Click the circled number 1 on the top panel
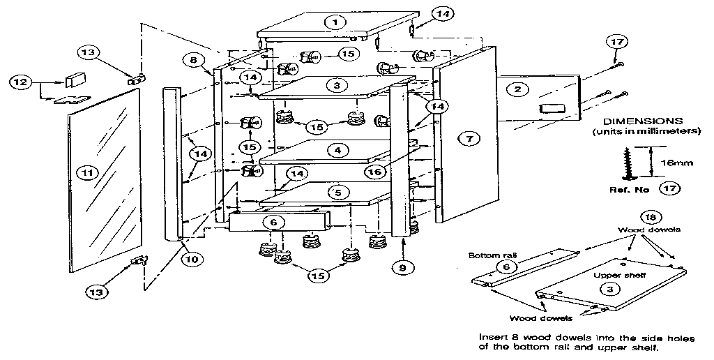335,22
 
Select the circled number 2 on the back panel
517,89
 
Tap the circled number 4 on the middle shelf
337,150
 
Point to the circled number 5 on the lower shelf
337,192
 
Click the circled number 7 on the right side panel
469,140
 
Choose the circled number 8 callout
193,61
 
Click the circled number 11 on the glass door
87,170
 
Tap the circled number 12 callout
20,82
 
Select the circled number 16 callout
374,170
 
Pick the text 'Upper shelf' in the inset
609,275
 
